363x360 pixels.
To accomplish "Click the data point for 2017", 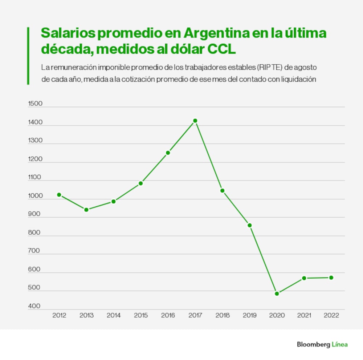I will pos(195,121).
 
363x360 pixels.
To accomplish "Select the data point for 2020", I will pos(277,294).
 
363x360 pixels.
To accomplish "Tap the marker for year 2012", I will pos(59,195).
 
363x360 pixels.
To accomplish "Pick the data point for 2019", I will pos(250,225).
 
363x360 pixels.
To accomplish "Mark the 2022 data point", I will pos(331,278).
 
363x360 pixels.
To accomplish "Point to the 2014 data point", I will pos(113,201).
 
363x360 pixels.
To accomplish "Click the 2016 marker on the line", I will pos(168,153).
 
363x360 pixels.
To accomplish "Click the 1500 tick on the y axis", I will pos(35,104).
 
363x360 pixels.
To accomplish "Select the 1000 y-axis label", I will pos(35,196).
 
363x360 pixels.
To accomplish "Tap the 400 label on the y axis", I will pos(34,306).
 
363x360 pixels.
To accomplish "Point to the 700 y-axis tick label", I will pos(34,251).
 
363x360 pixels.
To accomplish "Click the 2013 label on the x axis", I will pos(86,315).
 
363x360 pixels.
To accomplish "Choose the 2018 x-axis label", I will pos(223,315).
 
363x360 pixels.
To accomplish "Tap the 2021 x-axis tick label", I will pos(304,315).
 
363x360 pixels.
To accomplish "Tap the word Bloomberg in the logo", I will pos(313,344).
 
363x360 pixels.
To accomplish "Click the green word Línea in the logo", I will pos(340,344).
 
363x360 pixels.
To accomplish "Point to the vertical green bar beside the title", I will pos(28,56).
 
